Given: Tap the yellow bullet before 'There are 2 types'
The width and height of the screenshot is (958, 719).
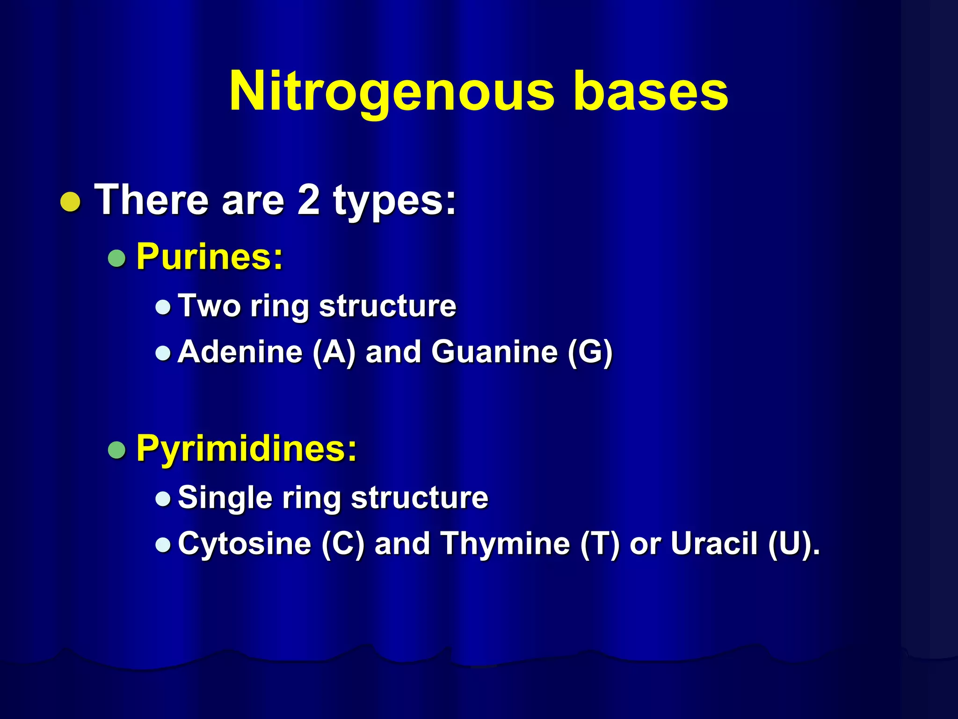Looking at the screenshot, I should (x=71, y=202).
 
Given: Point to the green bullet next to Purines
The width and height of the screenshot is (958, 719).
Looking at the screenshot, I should (x=116, y=258).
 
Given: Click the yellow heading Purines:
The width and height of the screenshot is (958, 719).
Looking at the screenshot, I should (x=210, y=257).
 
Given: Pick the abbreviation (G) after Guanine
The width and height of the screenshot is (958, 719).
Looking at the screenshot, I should (x=589, y=352).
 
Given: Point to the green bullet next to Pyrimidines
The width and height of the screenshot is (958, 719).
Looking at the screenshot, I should (x=116, y=450).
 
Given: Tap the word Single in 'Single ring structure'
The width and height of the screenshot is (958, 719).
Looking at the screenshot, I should (x=225, y=498).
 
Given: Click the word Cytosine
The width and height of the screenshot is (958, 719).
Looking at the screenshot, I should (x=244, y=543).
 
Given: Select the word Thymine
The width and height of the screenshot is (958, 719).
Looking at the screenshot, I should (x=505, y=543).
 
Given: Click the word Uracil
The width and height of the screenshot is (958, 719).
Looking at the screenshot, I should (x=714, y=543).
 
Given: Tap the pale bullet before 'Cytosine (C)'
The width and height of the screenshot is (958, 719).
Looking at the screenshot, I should (x=163, y=544).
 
